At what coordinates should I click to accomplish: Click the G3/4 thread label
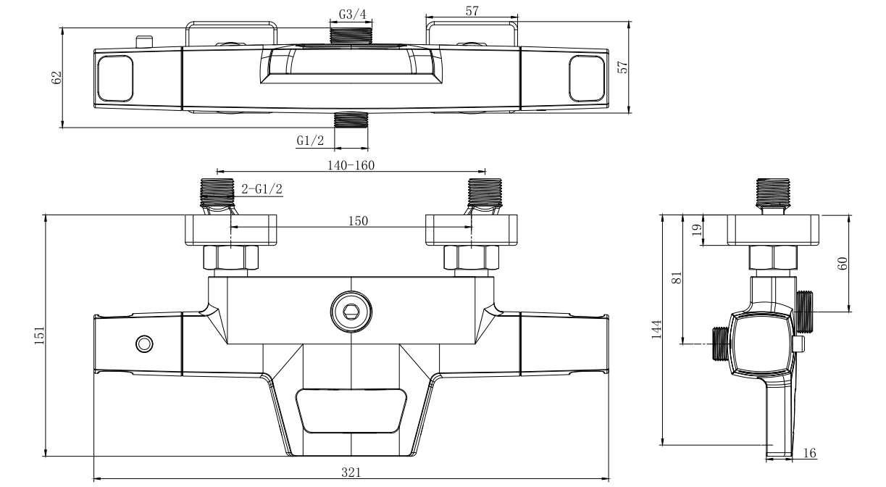tap(352, 14)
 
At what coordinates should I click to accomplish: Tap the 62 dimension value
tap(57, 78)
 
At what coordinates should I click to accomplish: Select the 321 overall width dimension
tap(351, 473)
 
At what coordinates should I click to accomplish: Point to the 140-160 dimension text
tap(351, 165)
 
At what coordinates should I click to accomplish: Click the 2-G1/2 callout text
tap(262, 189)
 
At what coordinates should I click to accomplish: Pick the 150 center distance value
tap(358, 221)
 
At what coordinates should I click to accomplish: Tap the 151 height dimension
tap(40, 336)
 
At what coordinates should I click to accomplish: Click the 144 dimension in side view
tap(656, 329)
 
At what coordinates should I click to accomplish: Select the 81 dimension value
tap(677, 278)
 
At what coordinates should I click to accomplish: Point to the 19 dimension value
tap(698, 230)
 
